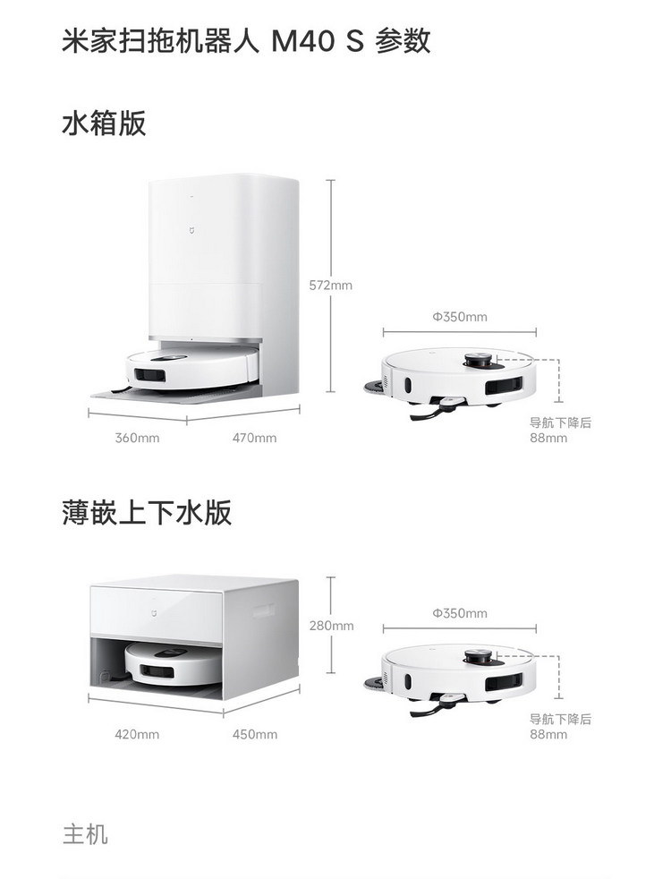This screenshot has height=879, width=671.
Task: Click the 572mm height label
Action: click(330, 286)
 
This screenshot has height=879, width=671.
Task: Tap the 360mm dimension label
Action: click(137, 438)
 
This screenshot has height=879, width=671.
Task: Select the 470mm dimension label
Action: click(254, 438)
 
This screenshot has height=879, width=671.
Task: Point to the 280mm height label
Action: click(331, 626)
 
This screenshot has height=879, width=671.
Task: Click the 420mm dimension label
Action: click(137, 734)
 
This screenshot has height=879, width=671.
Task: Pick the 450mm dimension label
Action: click(255, 734)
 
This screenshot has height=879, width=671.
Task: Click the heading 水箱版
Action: click(104, 124)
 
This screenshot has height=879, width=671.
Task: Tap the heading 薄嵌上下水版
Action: click(147, 512)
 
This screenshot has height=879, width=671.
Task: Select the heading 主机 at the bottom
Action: click(85, 833)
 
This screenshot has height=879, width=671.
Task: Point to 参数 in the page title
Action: click(403, 41)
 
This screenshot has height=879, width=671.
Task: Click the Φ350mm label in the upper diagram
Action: click(460, 317)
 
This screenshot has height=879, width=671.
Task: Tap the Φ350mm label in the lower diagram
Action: click(460, 613)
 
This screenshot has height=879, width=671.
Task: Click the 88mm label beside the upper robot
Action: click(548, 438)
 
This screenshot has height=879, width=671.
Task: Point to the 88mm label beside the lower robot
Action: click(548, 734)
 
